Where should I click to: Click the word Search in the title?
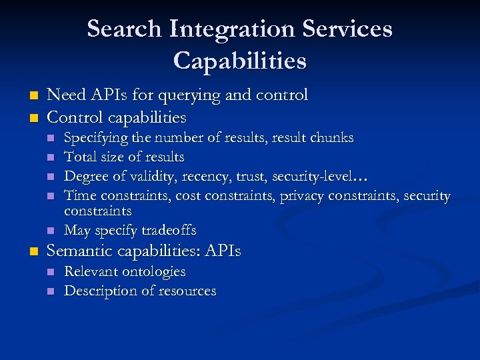(x=124, y=29)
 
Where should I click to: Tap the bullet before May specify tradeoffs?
(x=51, y=231)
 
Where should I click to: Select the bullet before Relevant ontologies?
(x=51, y=272)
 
